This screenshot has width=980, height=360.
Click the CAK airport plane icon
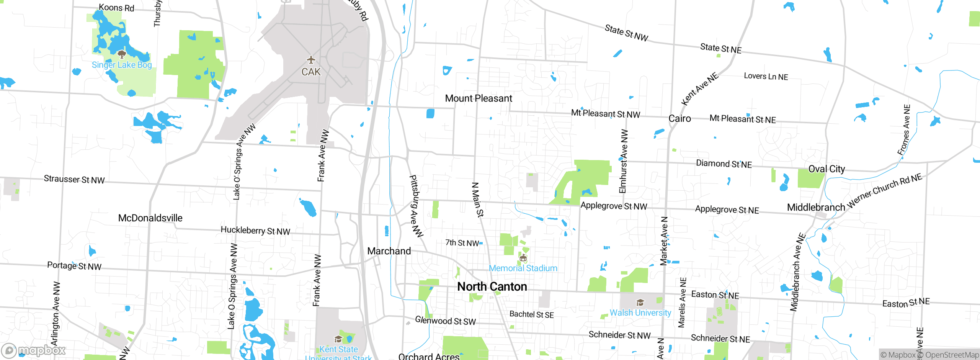(x=311, y=60)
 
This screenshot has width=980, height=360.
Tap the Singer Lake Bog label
(x=122, y=65)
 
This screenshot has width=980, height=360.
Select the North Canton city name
(x=492, y=286)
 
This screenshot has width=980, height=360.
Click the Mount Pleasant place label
(x=478, y=98)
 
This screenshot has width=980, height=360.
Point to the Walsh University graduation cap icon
(x=640, y=303)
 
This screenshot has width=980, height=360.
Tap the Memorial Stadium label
(x=523, y=268)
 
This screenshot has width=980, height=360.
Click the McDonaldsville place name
(x=150, y=218)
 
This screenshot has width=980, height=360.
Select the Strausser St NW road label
(x=74, y=179)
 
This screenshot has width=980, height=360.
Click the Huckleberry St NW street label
(x=255, y=231)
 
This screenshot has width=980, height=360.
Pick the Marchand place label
(x=389, y=251)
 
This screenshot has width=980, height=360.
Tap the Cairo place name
(x=679, y=118)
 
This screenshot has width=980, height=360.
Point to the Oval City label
(x=826, y=169)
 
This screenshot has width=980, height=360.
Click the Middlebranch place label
(x=816, y=207)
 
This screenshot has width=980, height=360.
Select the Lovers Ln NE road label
(x=766, y=76)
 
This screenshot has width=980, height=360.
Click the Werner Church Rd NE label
(x=885, y=191)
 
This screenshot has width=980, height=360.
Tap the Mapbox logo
(x=34, y=350)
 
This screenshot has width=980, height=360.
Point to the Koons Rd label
(x=116, y=8)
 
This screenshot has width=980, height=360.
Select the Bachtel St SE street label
(x=531, y=314)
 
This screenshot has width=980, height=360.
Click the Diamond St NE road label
(x=724, y=164)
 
